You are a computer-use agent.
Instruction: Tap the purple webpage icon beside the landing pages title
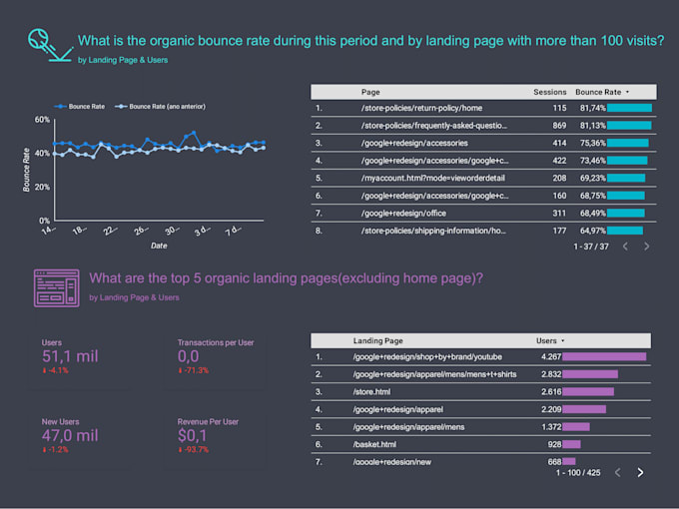pyautogui.click(x=56, y=287)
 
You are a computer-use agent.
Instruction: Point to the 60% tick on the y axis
pyautogui.click(x=42, y=120)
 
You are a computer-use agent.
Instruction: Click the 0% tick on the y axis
pyautogui.click(x=45, y=221)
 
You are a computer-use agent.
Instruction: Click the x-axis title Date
pyautogui.click(x=159, y=246)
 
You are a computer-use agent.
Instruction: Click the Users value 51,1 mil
pyautogui.click(x=70, y=357)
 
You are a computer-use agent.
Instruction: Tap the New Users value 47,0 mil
pyautogui.click(x=70, y=435)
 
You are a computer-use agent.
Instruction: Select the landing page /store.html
pyautogui.click(x=376, y=391)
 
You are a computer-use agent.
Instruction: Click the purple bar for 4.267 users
pyautogui.click(x=604, y=356)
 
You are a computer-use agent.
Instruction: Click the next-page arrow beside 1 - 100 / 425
pyautogui.click(x=640, y=472)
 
